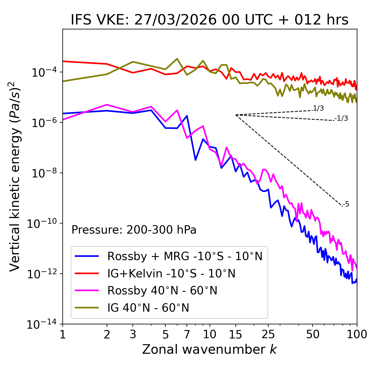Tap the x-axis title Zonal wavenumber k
pyautogui.click(x=209, y=349)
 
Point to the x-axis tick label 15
pyautogui.click(x=235, y=334)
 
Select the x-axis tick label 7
pyautogui.click(x=187, y=334)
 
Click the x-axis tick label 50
pyautogui.click(x=313, y=334)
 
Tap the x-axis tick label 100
pyautogui.click(x=356, y=334)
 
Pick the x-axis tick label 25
pyautogui.click(x=268, y=334)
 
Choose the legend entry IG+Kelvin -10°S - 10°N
pyautogui.click(x=171, y=273)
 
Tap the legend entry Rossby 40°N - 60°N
pyautogui.click(x=162, y=291)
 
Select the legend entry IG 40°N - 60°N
pyautogui.click(x=148, y=308)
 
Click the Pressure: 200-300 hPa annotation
pyautogui.click(x=134, y=230)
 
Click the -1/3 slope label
pyautogui.click(x=341, y=118)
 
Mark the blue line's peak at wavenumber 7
pyautogui.click(x=187, y=116)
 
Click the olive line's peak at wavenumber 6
pyautogui.click(x=177, y=59)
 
